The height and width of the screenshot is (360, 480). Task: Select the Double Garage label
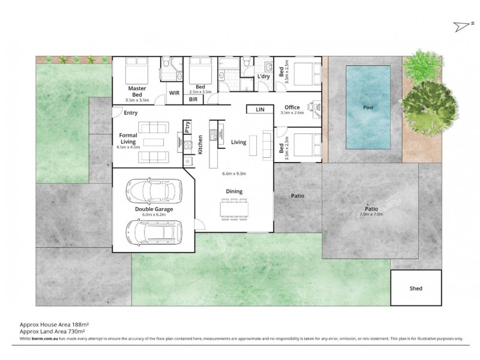(154, 209)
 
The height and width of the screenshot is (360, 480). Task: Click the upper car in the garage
(153, 191)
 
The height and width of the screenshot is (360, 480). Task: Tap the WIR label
(175, 94)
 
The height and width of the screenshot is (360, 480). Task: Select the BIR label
(193, 100)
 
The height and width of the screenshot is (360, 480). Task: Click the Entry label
(130, 112)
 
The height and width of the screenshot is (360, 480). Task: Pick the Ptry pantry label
(188, 127)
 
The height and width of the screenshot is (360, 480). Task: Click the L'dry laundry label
(263, 77)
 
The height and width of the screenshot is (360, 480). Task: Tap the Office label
(292, 107)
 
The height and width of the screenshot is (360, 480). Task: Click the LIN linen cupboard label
(260, 110)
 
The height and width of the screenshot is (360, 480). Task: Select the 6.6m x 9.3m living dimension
(234, 173)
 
